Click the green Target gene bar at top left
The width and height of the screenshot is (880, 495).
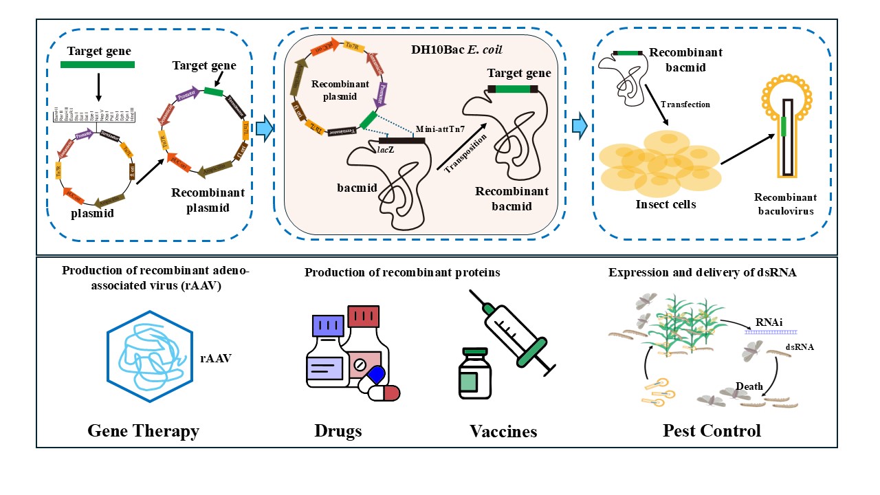tap(97, 65)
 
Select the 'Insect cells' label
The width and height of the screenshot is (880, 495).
tap(666, 204)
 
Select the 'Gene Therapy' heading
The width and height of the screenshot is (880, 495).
tap(143, 432)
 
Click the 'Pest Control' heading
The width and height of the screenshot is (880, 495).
tap(712, 431)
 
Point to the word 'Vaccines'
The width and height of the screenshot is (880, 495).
tap(503, 432)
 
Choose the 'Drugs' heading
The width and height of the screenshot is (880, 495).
tap(338, 432)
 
